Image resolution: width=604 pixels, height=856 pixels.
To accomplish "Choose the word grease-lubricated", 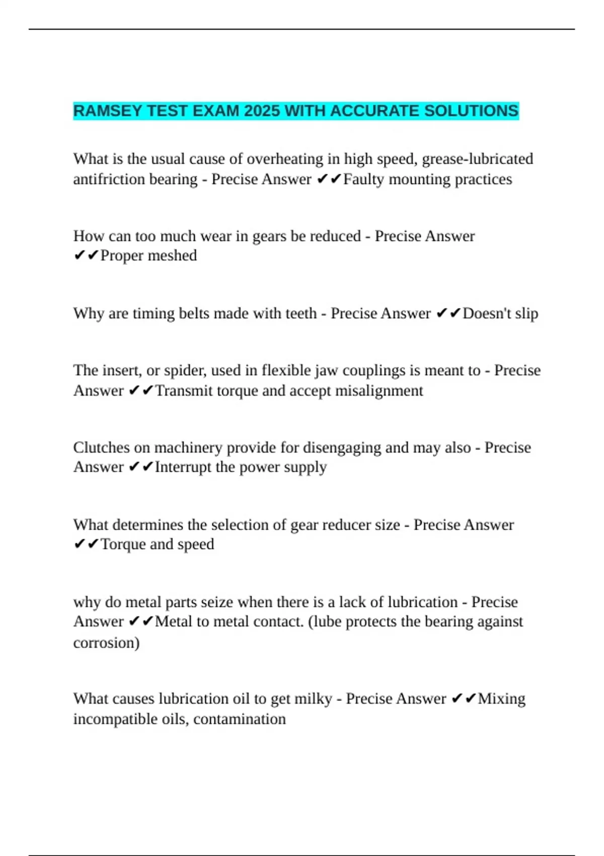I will click(477, 159).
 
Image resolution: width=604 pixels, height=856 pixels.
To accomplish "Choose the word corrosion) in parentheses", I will click(106, 643).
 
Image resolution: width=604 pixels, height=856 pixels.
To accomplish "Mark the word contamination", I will click(240, 719).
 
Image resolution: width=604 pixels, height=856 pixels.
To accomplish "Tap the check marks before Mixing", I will click(463, 699).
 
